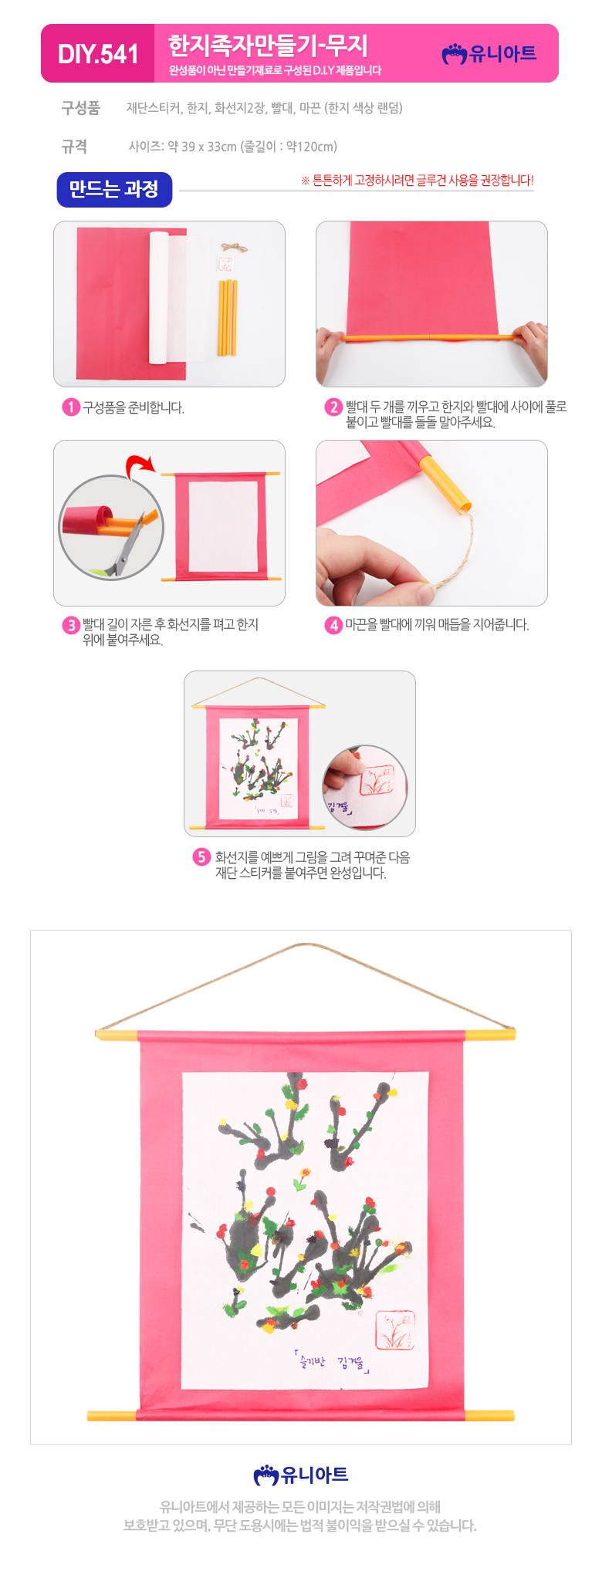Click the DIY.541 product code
tap(98, 54)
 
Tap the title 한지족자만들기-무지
tap(269, 46)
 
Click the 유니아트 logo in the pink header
tap(489, 53)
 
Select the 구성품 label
tap(80, 108)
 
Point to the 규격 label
tap(74, 147)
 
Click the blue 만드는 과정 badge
tap(114, 189)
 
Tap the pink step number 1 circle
tap(71, 407)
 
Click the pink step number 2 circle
tap(333, 407)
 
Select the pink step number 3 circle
tap(71, 625)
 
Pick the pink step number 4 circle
tap(333, 625)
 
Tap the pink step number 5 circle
tap(201, 857)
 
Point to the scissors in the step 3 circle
tap(127, 547)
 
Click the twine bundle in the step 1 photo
tap(226, 248)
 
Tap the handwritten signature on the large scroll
tap(333, 1362)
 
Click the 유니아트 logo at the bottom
tap(301, 1475)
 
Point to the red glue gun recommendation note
tap(417, 181)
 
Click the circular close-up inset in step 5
tap(365, 787)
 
